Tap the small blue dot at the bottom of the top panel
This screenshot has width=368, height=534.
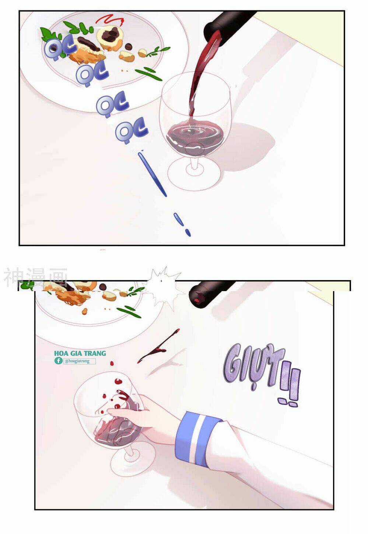[x=188, y=232]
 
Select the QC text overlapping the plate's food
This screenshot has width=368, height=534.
[x=60, y=48]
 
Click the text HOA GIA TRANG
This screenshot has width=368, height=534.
[x=80, y=353]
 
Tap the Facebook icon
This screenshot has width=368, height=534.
[x=58, y=361]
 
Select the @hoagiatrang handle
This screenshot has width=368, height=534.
[x=79, y=361]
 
